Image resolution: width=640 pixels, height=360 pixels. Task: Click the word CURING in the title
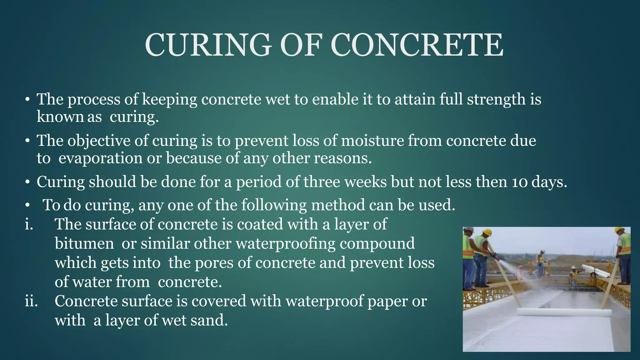coord(208,45)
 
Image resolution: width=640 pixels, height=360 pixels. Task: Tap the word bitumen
coord(84,243)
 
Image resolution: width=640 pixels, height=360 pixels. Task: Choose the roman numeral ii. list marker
coord(31,301)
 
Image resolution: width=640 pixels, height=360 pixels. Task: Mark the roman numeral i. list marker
coord(29,224)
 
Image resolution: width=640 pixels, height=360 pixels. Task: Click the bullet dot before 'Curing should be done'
coord(27,182)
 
